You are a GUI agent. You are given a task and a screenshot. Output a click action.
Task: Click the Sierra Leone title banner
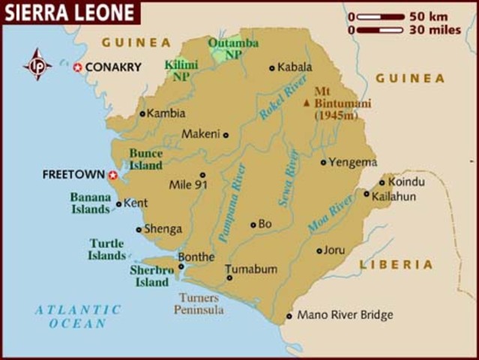(x=69, y=12)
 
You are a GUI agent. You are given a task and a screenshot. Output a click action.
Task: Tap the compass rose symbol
(x=37, y=65)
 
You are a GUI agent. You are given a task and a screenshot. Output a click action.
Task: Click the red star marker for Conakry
(x=77, y=67)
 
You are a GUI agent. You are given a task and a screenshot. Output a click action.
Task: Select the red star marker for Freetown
(x=113, y=175)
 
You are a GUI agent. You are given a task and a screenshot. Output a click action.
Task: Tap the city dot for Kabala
(x=271, y=67)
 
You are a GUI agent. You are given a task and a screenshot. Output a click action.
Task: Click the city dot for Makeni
(x=226, y=135)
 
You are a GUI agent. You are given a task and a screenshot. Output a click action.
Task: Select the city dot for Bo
(x=253, y=224)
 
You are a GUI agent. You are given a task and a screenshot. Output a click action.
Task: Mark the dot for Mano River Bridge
(x=289, y=316)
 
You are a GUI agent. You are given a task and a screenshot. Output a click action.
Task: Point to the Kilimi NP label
(x=181, y=70)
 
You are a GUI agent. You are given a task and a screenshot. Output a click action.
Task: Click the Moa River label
(x=331, y=213)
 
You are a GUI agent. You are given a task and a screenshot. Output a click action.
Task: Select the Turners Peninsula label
(x=199, y=303)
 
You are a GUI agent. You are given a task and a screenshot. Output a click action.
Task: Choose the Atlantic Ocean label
(x=78, y=316)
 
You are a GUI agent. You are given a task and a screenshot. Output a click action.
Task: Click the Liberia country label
(x=396, y=265)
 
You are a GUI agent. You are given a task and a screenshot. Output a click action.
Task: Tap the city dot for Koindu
(x=382, y=182)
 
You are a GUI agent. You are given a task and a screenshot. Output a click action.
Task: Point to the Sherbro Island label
(x=151, y=276)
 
